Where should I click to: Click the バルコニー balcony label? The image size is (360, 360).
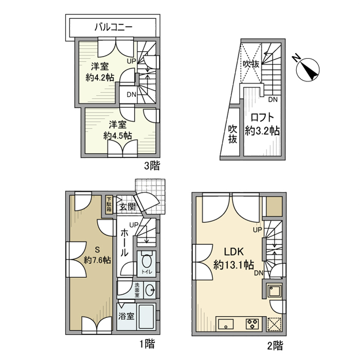114,27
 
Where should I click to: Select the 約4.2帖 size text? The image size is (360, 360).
100,78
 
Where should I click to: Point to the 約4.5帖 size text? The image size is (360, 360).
118,136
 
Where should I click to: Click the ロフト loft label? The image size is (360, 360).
262,118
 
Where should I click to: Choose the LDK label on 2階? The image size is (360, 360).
233,252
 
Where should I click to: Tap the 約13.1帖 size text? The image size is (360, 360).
233,265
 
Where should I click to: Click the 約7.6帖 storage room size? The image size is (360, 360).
97,260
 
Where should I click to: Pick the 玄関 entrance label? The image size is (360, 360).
127,207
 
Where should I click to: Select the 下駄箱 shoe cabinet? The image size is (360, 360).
109,205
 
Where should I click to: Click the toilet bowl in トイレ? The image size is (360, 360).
147,260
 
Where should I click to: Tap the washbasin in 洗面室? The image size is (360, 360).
150,290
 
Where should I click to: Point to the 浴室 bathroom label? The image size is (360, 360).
127,316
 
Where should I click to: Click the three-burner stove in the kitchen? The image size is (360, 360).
253,324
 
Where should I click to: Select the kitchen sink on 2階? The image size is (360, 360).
226,324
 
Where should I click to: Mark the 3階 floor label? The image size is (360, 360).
152,166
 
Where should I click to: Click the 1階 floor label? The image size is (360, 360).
147,344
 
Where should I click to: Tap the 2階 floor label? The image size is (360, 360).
275,346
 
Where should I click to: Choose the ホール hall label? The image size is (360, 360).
124,243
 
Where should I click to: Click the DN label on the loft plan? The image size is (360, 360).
273,100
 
